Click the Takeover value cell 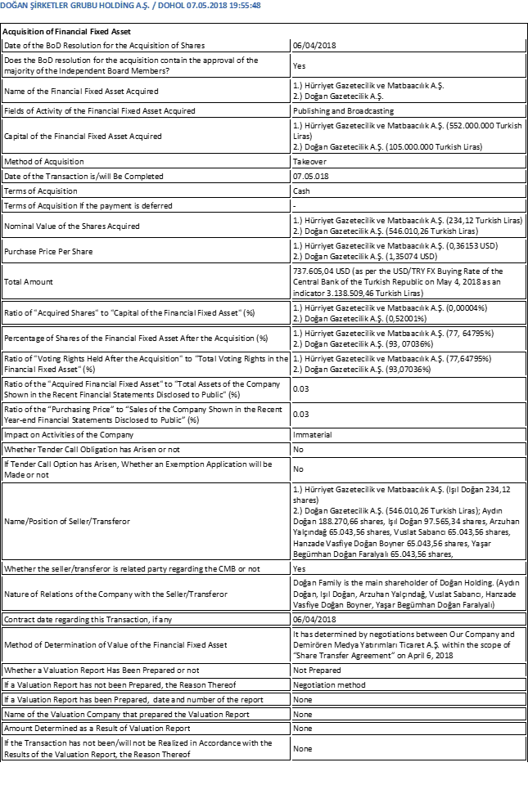[x=308, y=162]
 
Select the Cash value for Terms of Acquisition [x=301, y=191]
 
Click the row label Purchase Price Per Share [x=48, y=251]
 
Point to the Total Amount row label [x=29, y=281]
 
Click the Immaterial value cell [x=312, y=434]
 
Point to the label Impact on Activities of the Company [x=69, y=434]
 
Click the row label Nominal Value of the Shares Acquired [x=72, y=226]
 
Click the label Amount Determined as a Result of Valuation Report [x=97, y=728]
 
